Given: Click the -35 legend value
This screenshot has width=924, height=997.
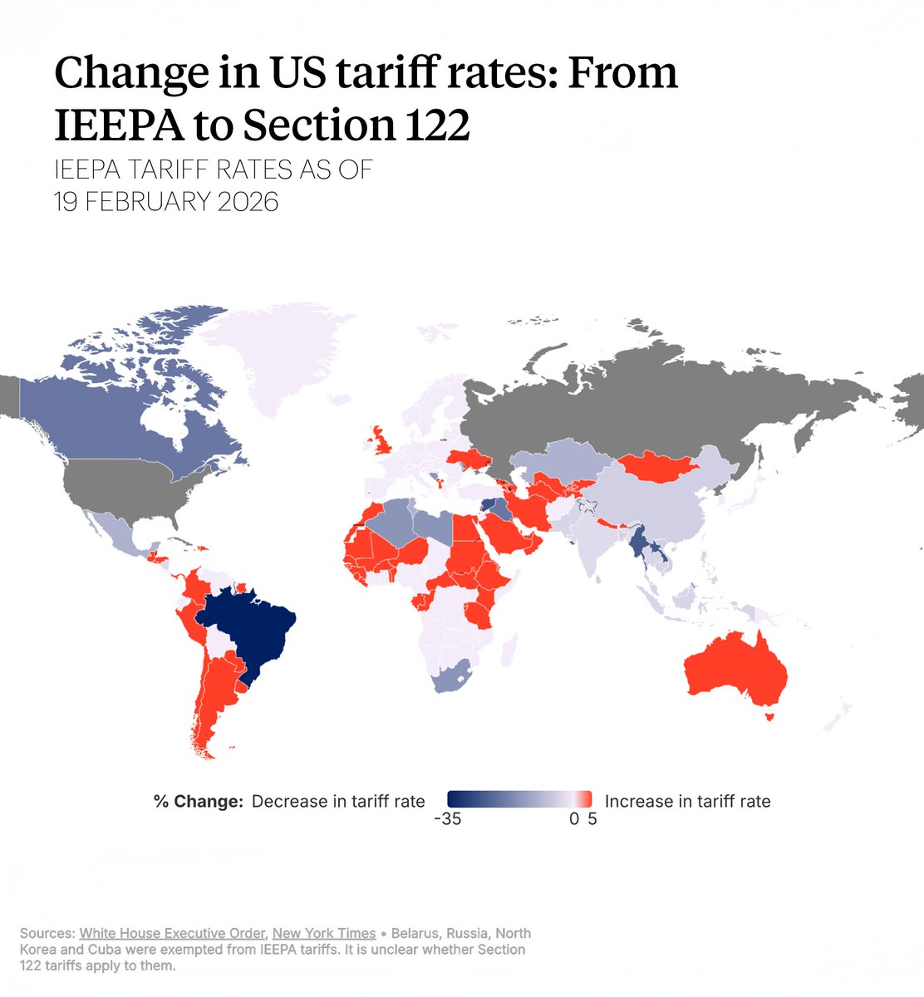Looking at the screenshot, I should point(447,819).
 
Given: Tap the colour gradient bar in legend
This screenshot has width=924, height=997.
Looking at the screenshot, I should point(519,799).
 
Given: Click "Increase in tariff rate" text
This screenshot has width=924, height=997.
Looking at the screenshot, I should point(687,802).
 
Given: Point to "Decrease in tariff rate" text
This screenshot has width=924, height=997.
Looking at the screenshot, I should point(338,802).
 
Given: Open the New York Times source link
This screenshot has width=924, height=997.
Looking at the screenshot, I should point(324,933).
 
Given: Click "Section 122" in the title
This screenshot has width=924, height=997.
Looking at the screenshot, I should point(356,125).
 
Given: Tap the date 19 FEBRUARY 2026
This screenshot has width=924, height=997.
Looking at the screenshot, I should point(166,201).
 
